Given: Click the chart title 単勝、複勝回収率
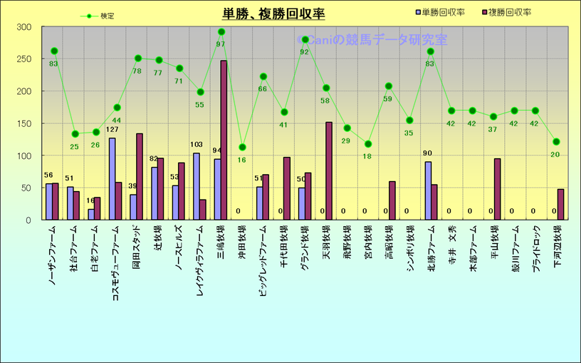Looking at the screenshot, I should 273,14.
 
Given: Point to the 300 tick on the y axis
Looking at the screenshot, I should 24,27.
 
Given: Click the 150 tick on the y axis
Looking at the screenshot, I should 24,123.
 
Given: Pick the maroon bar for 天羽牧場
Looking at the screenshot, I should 329,170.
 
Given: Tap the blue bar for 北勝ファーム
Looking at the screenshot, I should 428,190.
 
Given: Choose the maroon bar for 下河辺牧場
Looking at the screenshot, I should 560,204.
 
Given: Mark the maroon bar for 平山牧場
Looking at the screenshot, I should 497,189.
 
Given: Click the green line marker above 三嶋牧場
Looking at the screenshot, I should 221,32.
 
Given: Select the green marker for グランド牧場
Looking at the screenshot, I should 305,40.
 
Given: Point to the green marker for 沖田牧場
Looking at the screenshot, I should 242,148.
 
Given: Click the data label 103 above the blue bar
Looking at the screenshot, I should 197,145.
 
